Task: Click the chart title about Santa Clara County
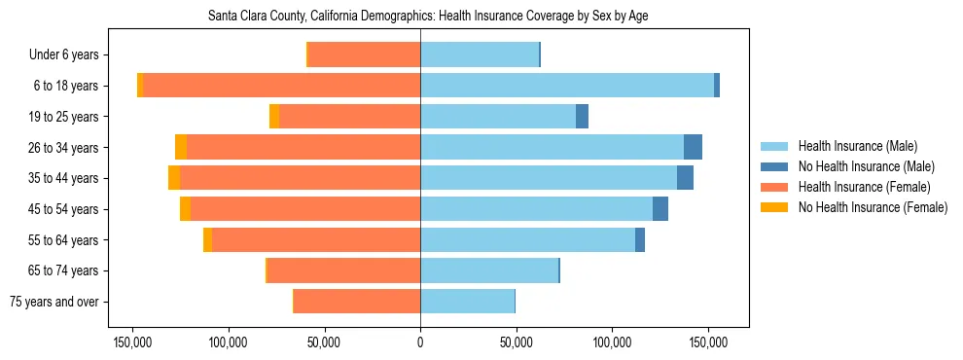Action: pyautogui.click(x=428, y=17)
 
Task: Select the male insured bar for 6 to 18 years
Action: pyautogui.click(x=567, y=86)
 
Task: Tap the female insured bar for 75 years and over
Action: pyautogui.click(x=357, y=302)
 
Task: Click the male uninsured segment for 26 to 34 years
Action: pyautogui.click(x=693, y=147)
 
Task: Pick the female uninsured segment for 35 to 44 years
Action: pyautogui.click(x=174, y=178)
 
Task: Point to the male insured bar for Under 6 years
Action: pyautogui.click(x=480, y=54)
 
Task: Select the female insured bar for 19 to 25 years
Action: pyautogui.click(x=349, y=117)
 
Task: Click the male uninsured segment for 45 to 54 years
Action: pyautogui.click(x=660, y=209)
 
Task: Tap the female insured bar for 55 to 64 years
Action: pyautogui.click(x=316, y=240)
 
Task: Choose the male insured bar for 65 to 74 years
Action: pyautogui.click(x=489, y=270)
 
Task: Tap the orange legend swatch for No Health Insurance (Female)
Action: pyautogui.click(x=774, y=207)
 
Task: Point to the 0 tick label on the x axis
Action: pyautogui.click(x=420, y=342)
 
